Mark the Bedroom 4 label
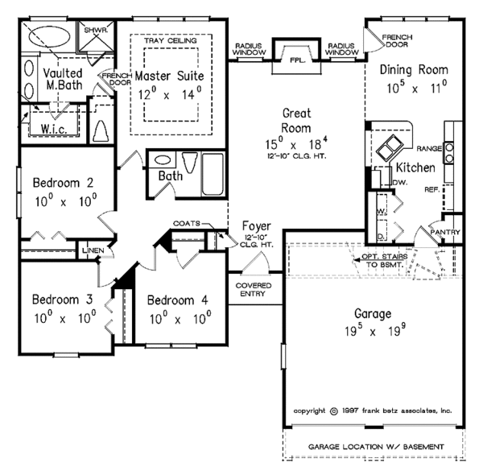tap(178, 300)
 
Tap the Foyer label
tap(257, 227)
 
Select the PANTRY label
tap(445, 233)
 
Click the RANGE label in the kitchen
tap(429, 148)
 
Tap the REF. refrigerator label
tap(430, 190)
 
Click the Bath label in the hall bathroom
tap(170, 176)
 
